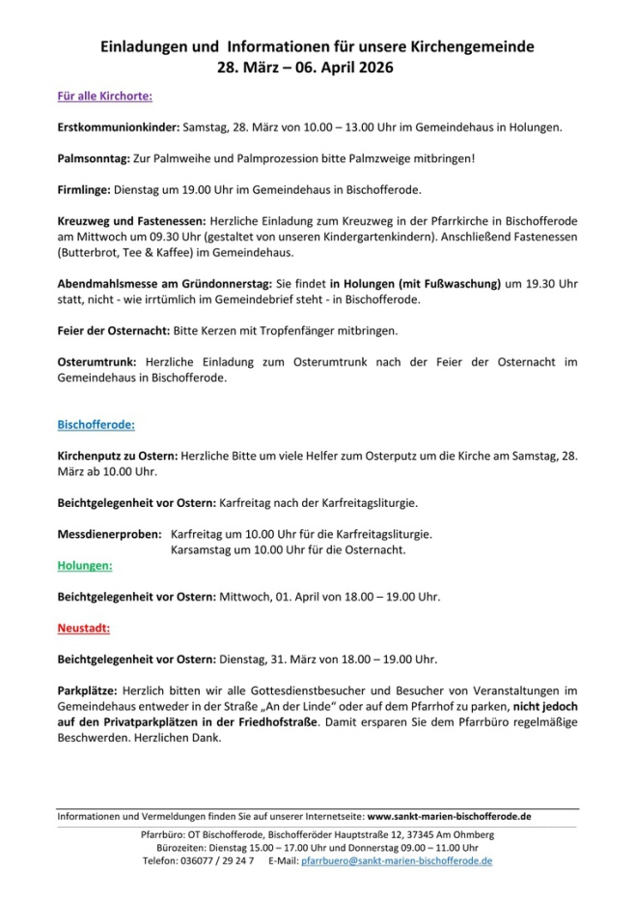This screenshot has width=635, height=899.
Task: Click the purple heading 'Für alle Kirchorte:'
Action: (104, 97)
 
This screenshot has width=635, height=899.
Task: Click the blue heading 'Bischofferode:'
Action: (97, 424)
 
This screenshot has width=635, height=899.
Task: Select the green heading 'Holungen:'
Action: (85, 565)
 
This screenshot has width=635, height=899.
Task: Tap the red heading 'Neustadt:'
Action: (84, 628)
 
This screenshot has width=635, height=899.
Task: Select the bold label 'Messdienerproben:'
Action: (110, 534)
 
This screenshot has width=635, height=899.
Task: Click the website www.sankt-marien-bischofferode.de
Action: (449, 816)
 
